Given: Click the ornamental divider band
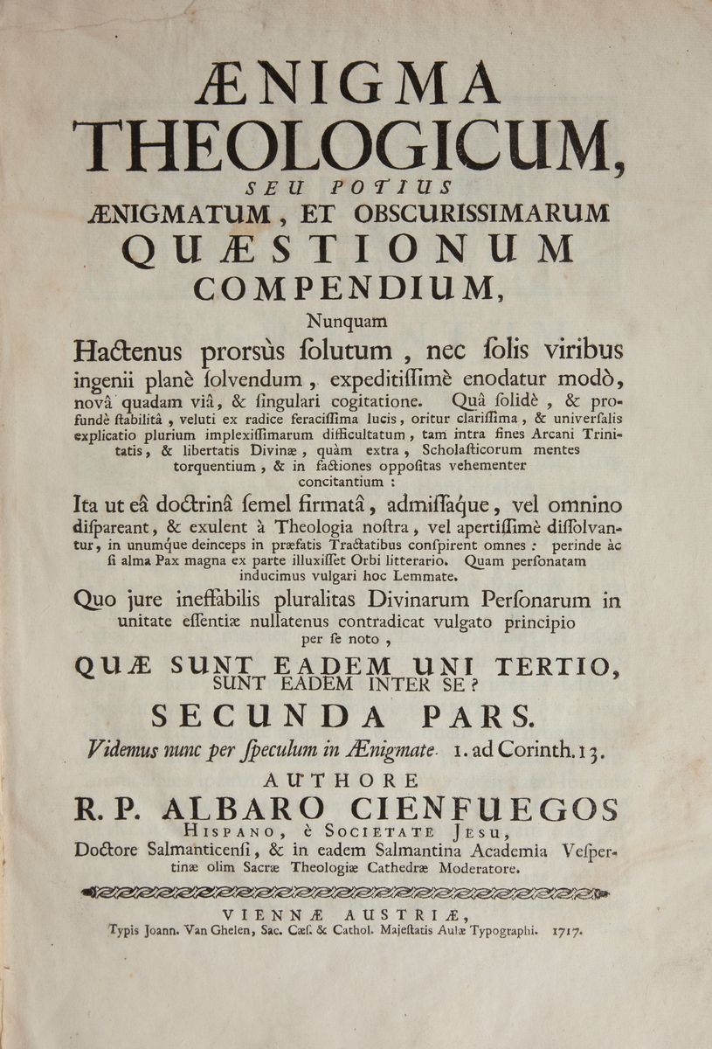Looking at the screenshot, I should (348, 892).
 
